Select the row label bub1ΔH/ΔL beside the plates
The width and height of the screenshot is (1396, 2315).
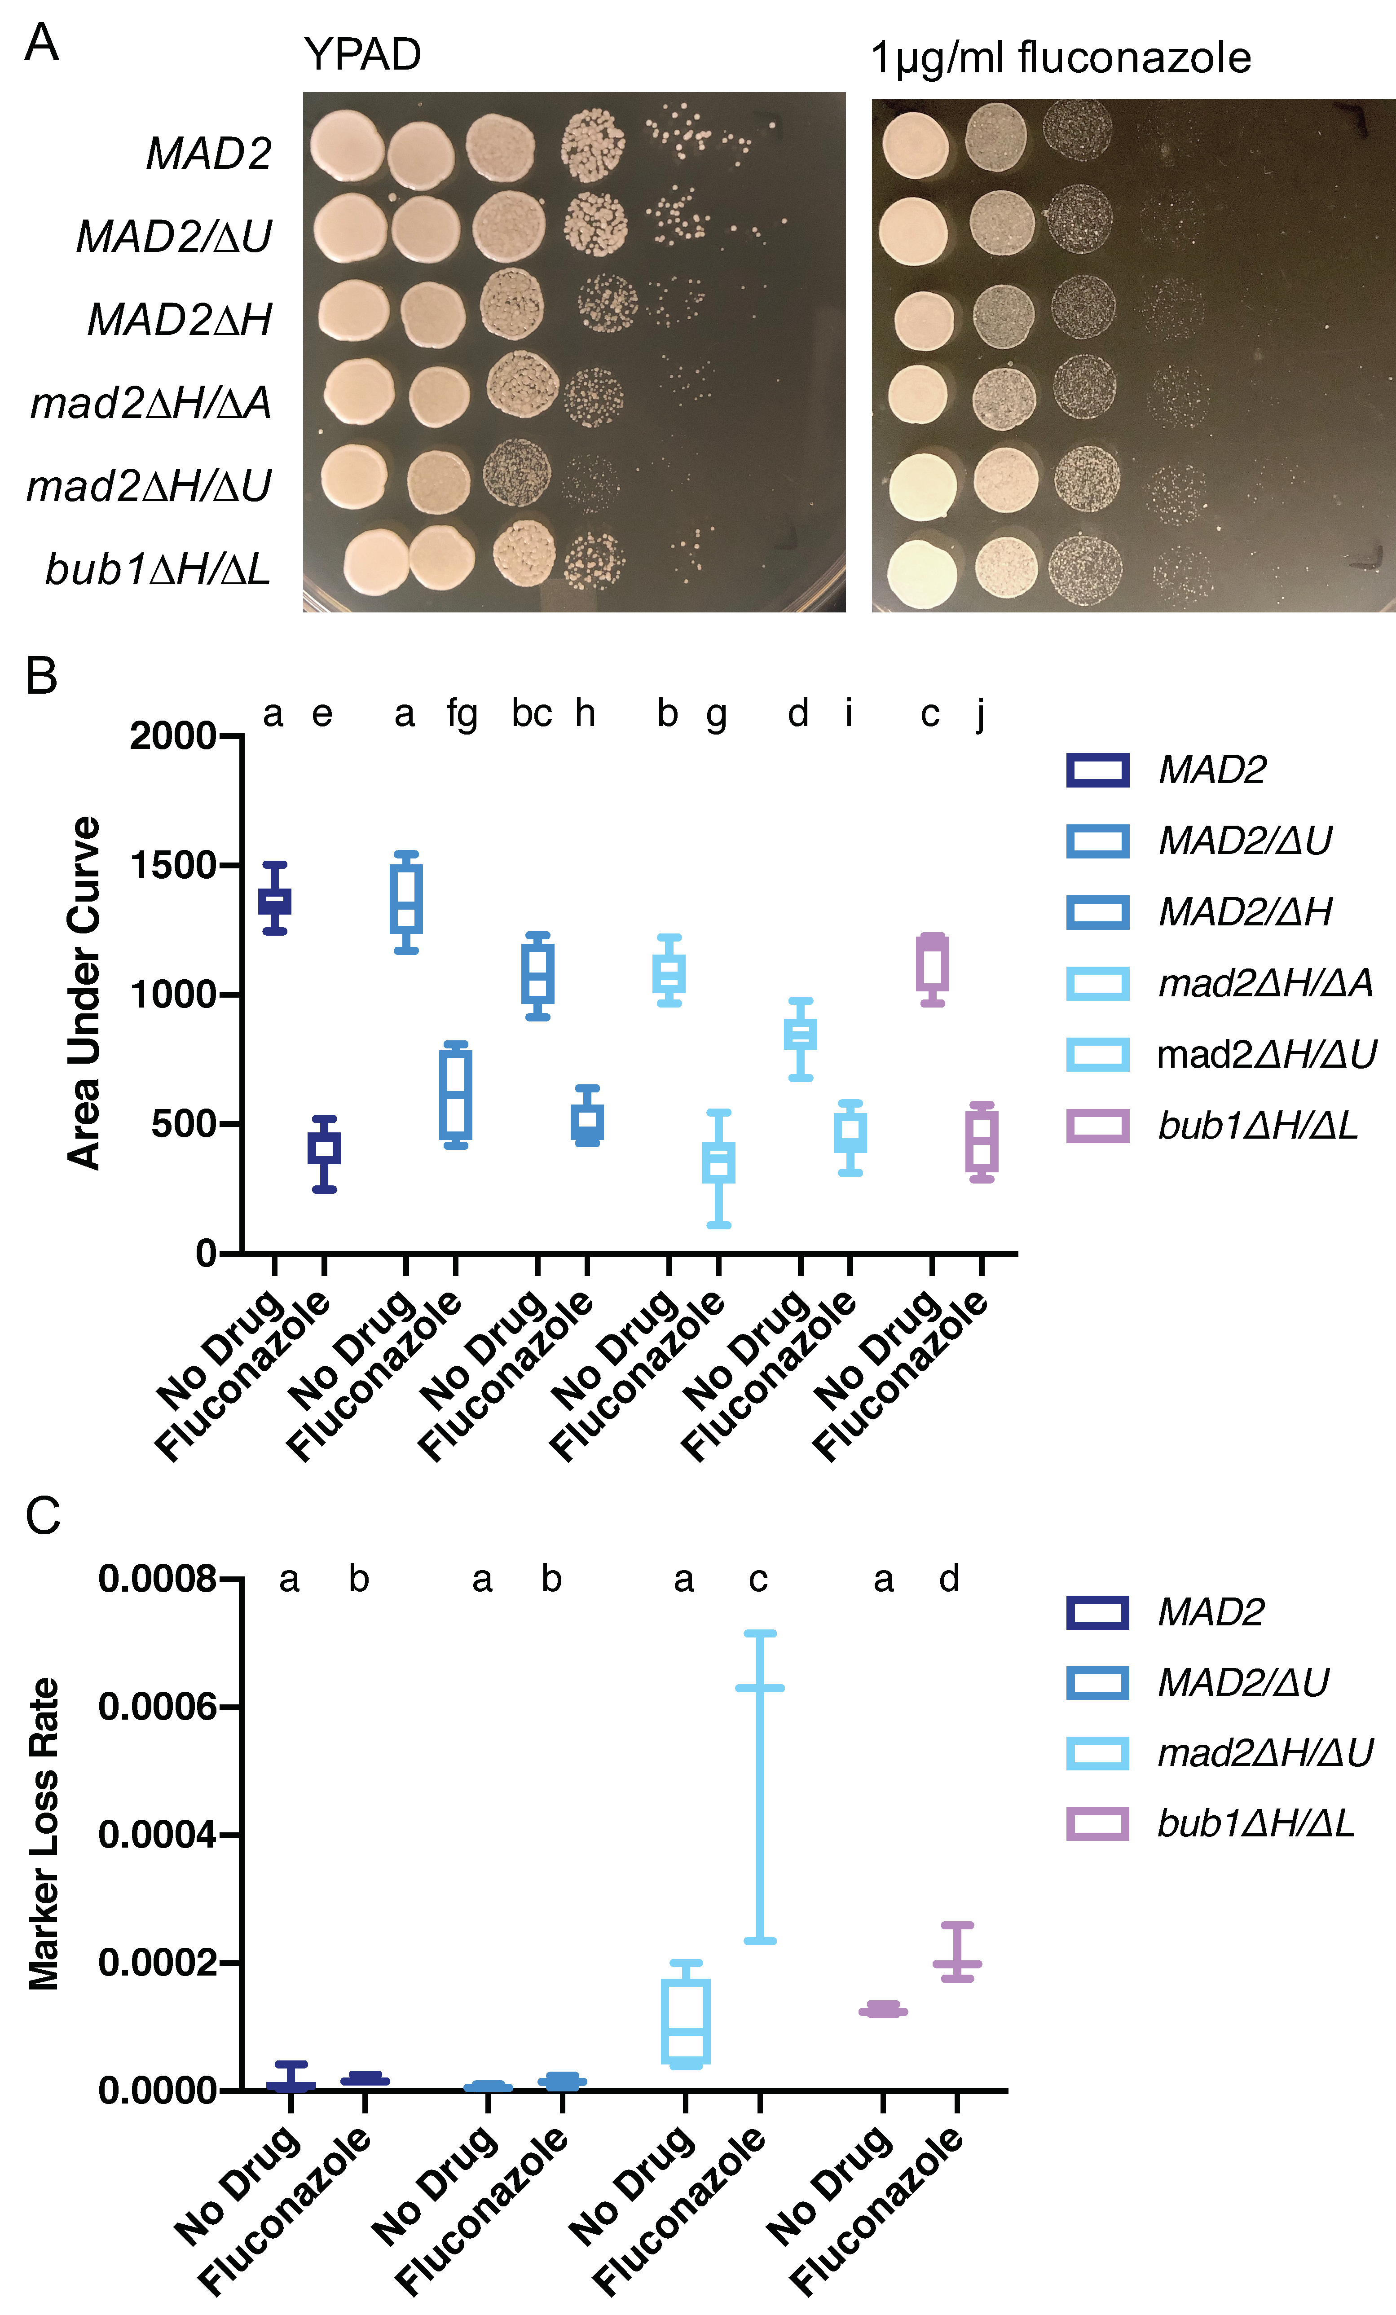(x=158, y=568)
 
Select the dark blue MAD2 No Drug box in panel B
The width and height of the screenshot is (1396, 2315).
(x=274, y=900)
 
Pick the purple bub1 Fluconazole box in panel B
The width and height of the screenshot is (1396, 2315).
(x=982, y=1141)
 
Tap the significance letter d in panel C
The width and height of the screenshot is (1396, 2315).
(x=949, y=1580)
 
